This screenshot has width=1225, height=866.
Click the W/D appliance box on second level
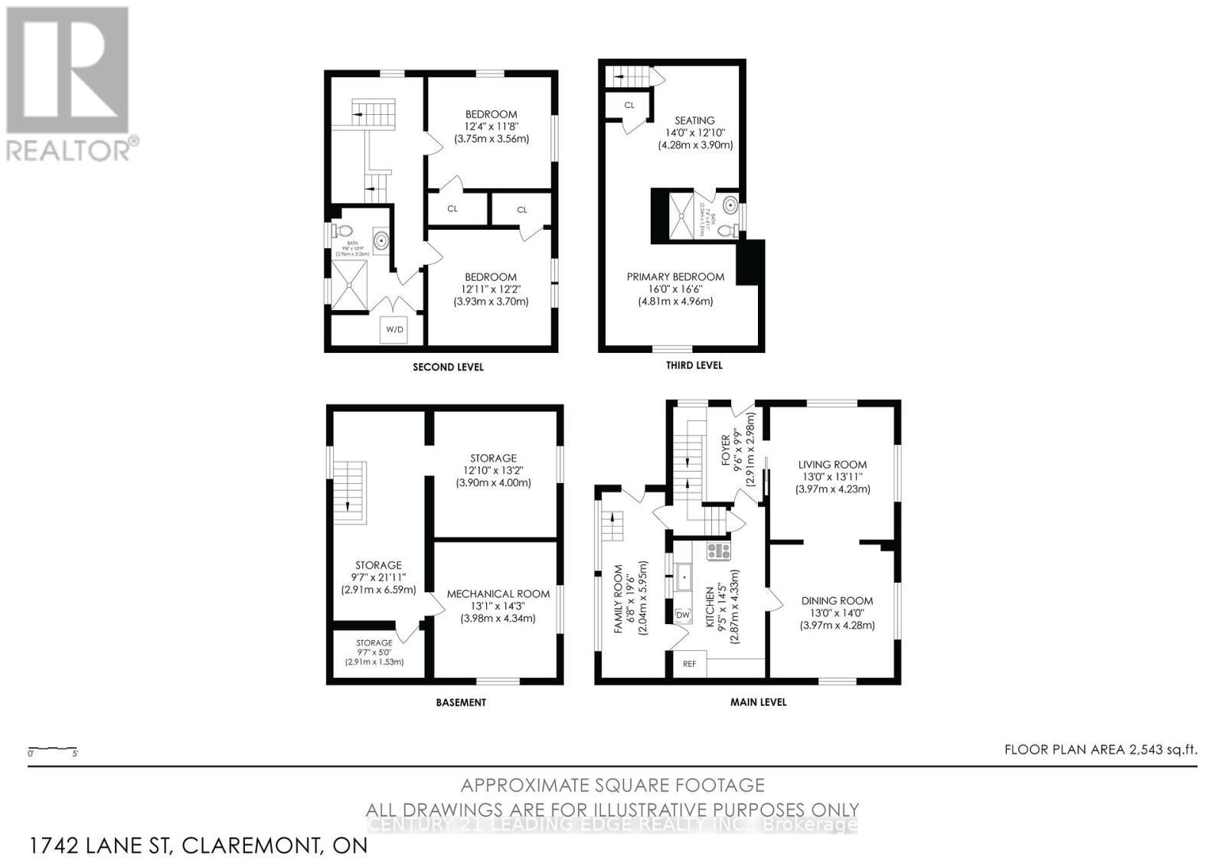point(394,329)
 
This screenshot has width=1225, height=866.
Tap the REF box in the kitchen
point(689,664)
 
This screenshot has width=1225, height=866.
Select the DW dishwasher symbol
point(683,615)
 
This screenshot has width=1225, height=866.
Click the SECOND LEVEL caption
point(448,367)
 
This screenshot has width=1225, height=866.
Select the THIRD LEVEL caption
point(694,365)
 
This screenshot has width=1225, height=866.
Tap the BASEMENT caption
point(460,702)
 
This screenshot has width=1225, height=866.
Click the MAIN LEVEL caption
point(758,701)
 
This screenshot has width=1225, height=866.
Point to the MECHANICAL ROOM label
point(498,593)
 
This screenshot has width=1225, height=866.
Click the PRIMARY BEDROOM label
point(675,276)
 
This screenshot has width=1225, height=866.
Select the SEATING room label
point(694,120)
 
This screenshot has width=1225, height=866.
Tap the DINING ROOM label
point(837,600)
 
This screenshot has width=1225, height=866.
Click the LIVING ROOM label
point(832,464)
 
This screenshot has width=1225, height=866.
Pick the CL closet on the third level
point(629,105)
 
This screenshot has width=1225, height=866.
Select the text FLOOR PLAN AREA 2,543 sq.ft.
point(1100,750)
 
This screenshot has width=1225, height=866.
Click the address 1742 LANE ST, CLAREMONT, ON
point(198,845)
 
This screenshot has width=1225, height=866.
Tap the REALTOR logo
point(69,84)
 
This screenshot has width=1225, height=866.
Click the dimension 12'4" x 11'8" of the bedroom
point(491,126)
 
